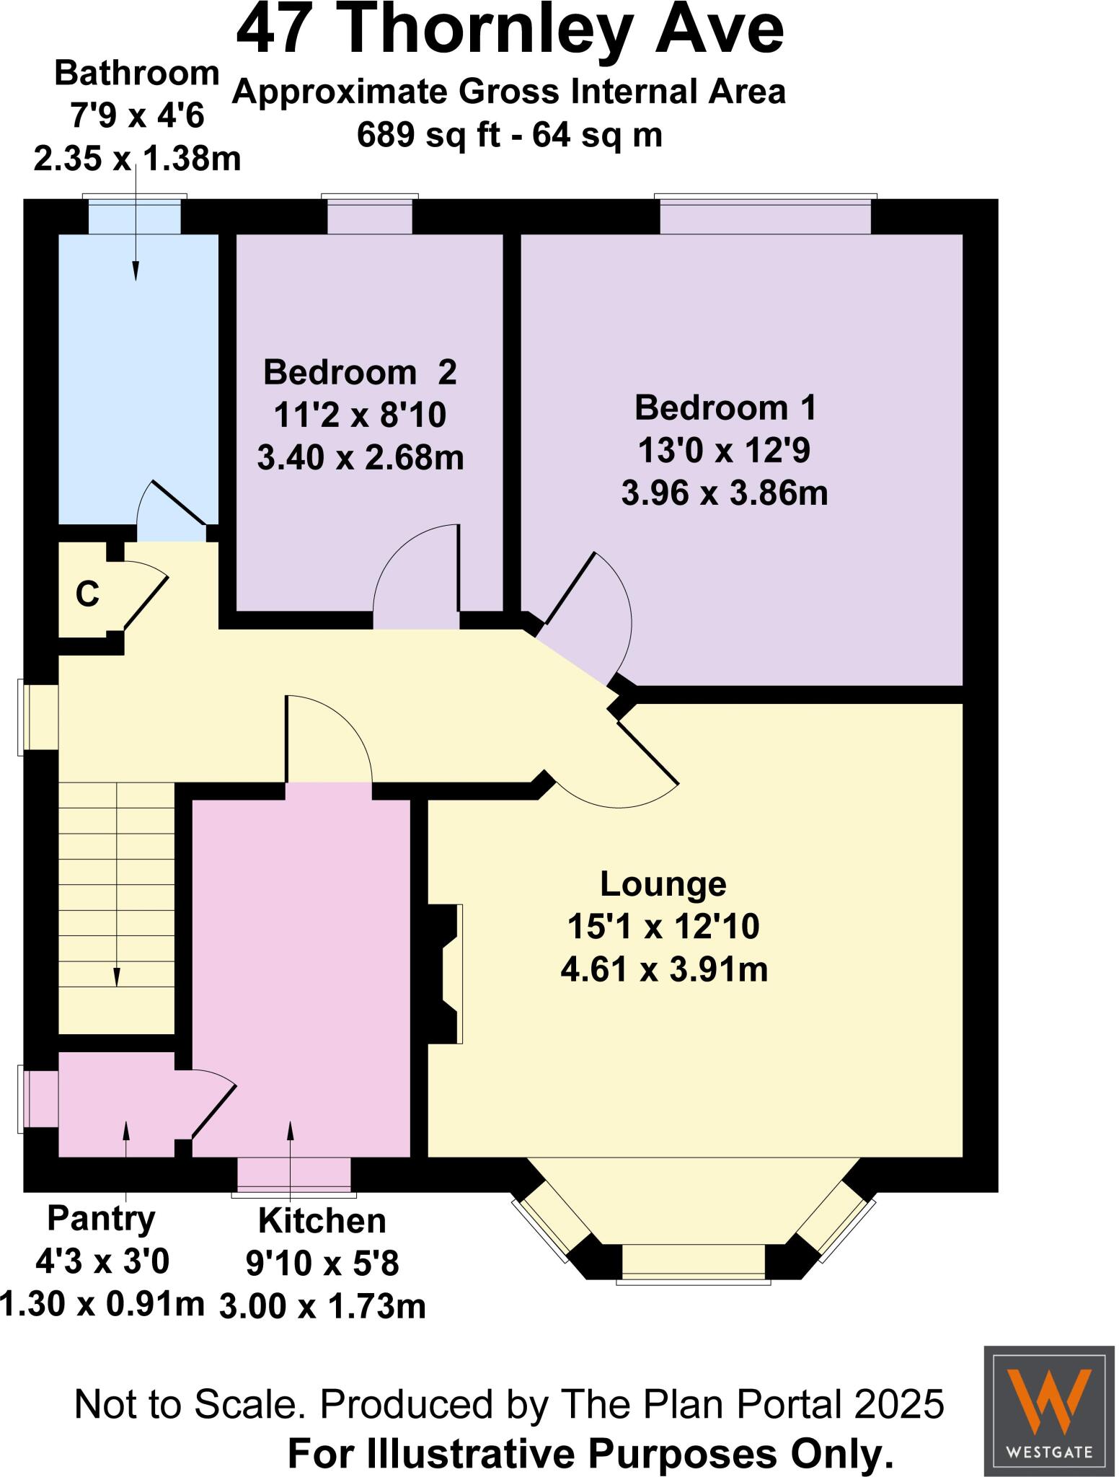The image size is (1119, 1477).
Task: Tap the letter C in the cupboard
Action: pyautogui.click(x=87, y=595)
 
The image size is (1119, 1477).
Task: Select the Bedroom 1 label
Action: pyautogui.click(x=725, y=408)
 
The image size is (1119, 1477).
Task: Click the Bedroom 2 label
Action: pyautogui.click(x=360, y=372)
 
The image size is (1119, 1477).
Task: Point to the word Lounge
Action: pyautogui.click(x=663, y=884)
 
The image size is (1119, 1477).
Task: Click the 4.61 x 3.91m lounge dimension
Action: pyautogui.click(x=663, y=970)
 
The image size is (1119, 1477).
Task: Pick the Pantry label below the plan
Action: pyautogui.click(x=101, y=1218)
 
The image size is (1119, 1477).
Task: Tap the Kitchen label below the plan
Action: pyautogui.click(x=322, y=1221)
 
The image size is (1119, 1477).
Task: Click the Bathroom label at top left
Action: pyautogui.click(x=136, y=73)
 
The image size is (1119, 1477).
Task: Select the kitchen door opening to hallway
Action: pyautogui.click(x=328, y=743)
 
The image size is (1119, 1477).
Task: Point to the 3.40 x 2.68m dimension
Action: pyautogui.click(x=360, y=457)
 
